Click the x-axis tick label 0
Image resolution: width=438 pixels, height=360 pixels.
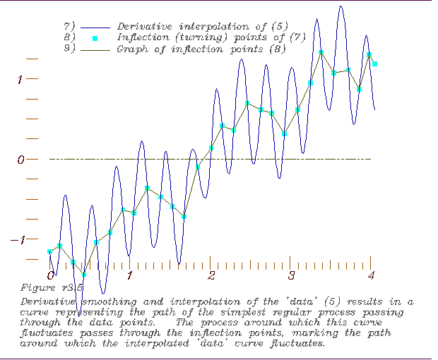(50, 274)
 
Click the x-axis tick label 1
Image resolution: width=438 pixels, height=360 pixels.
(130, 274)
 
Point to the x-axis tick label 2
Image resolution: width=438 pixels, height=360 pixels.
(211, 274)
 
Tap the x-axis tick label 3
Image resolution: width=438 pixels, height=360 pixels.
(291, 274)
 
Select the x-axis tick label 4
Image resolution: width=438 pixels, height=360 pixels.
(371, 274)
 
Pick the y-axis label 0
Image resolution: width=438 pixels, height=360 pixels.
(21, 160)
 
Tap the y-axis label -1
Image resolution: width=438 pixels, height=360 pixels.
(18, 239)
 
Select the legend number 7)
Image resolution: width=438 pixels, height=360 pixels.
(69, 26)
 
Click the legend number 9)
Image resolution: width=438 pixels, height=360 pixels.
(69, 50)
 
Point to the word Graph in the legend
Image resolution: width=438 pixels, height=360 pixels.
(131, 50)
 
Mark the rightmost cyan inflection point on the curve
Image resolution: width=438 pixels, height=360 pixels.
(375, 64)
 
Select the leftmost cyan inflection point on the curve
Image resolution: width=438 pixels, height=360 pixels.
(50, 251)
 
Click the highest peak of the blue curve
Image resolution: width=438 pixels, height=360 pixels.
(342, 6)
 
